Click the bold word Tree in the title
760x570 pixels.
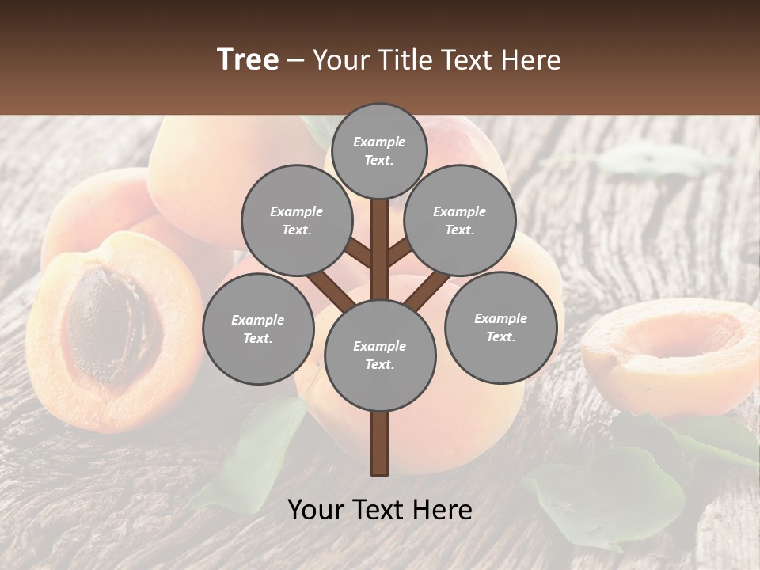[248, 60]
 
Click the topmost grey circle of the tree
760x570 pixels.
[379, 150]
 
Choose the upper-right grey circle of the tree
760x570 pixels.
[459, 220]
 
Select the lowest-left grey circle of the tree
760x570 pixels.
[258, 329]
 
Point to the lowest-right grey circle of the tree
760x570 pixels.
[500, 327]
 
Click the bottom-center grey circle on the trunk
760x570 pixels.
[379, 355]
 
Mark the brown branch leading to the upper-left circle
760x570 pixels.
[359, 253]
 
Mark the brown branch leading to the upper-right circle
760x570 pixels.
[400, 253]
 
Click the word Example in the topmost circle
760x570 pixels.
[379, 142]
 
